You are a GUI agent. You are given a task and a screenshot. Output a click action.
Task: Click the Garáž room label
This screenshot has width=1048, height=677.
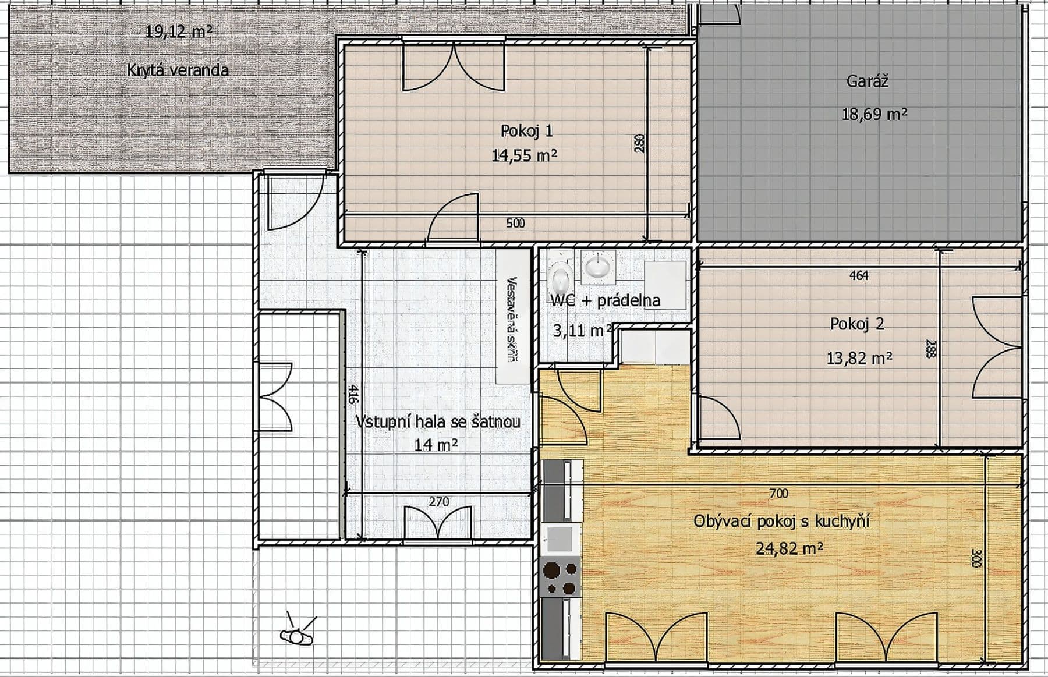(x=867, y=81)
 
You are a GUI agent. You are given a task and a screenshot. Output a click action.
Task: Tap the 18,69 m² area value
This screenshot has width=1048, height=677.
(x=874, y=114)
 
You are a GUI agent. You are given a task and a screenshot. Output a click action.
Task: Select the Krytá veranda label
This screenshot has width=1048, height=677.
(x=178, y=70)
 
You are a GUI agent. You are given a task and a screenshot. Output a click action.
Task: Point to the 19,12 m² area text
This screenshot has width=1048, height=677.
(x=178, y=31)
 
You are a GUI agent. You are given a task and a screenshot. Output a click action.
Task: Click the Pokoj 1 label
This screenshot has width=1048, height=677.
(x=526, y=131)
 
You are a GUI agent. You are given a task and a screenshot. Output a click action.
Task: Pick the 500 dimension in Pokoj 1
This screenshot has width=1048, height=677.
(x=515, y=223)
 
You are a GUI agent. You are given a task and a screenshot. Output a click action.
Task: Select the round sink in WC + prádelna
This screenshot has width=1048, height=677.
(x=598, y=265)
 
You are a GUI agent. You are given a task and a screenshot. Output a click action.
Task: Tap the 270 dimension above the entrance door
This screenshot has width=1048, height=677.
(x=438, y=501)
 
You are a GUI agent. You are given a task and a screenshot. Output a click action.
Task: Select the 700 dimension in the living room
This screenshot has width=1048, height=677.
(x=778, y=494)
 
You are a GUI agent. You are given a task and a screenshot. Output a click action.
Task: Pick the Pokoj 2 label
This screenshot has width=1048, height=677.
(x=857, y=324)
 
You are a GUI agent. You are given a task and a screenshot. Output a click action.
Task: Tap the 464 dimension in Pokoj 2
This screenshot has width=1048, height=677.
(x=859, y=275)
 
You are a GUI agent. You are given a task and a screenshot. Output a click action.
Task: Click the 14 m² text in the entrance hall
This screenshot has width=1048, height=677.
(x=436, y=445)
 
